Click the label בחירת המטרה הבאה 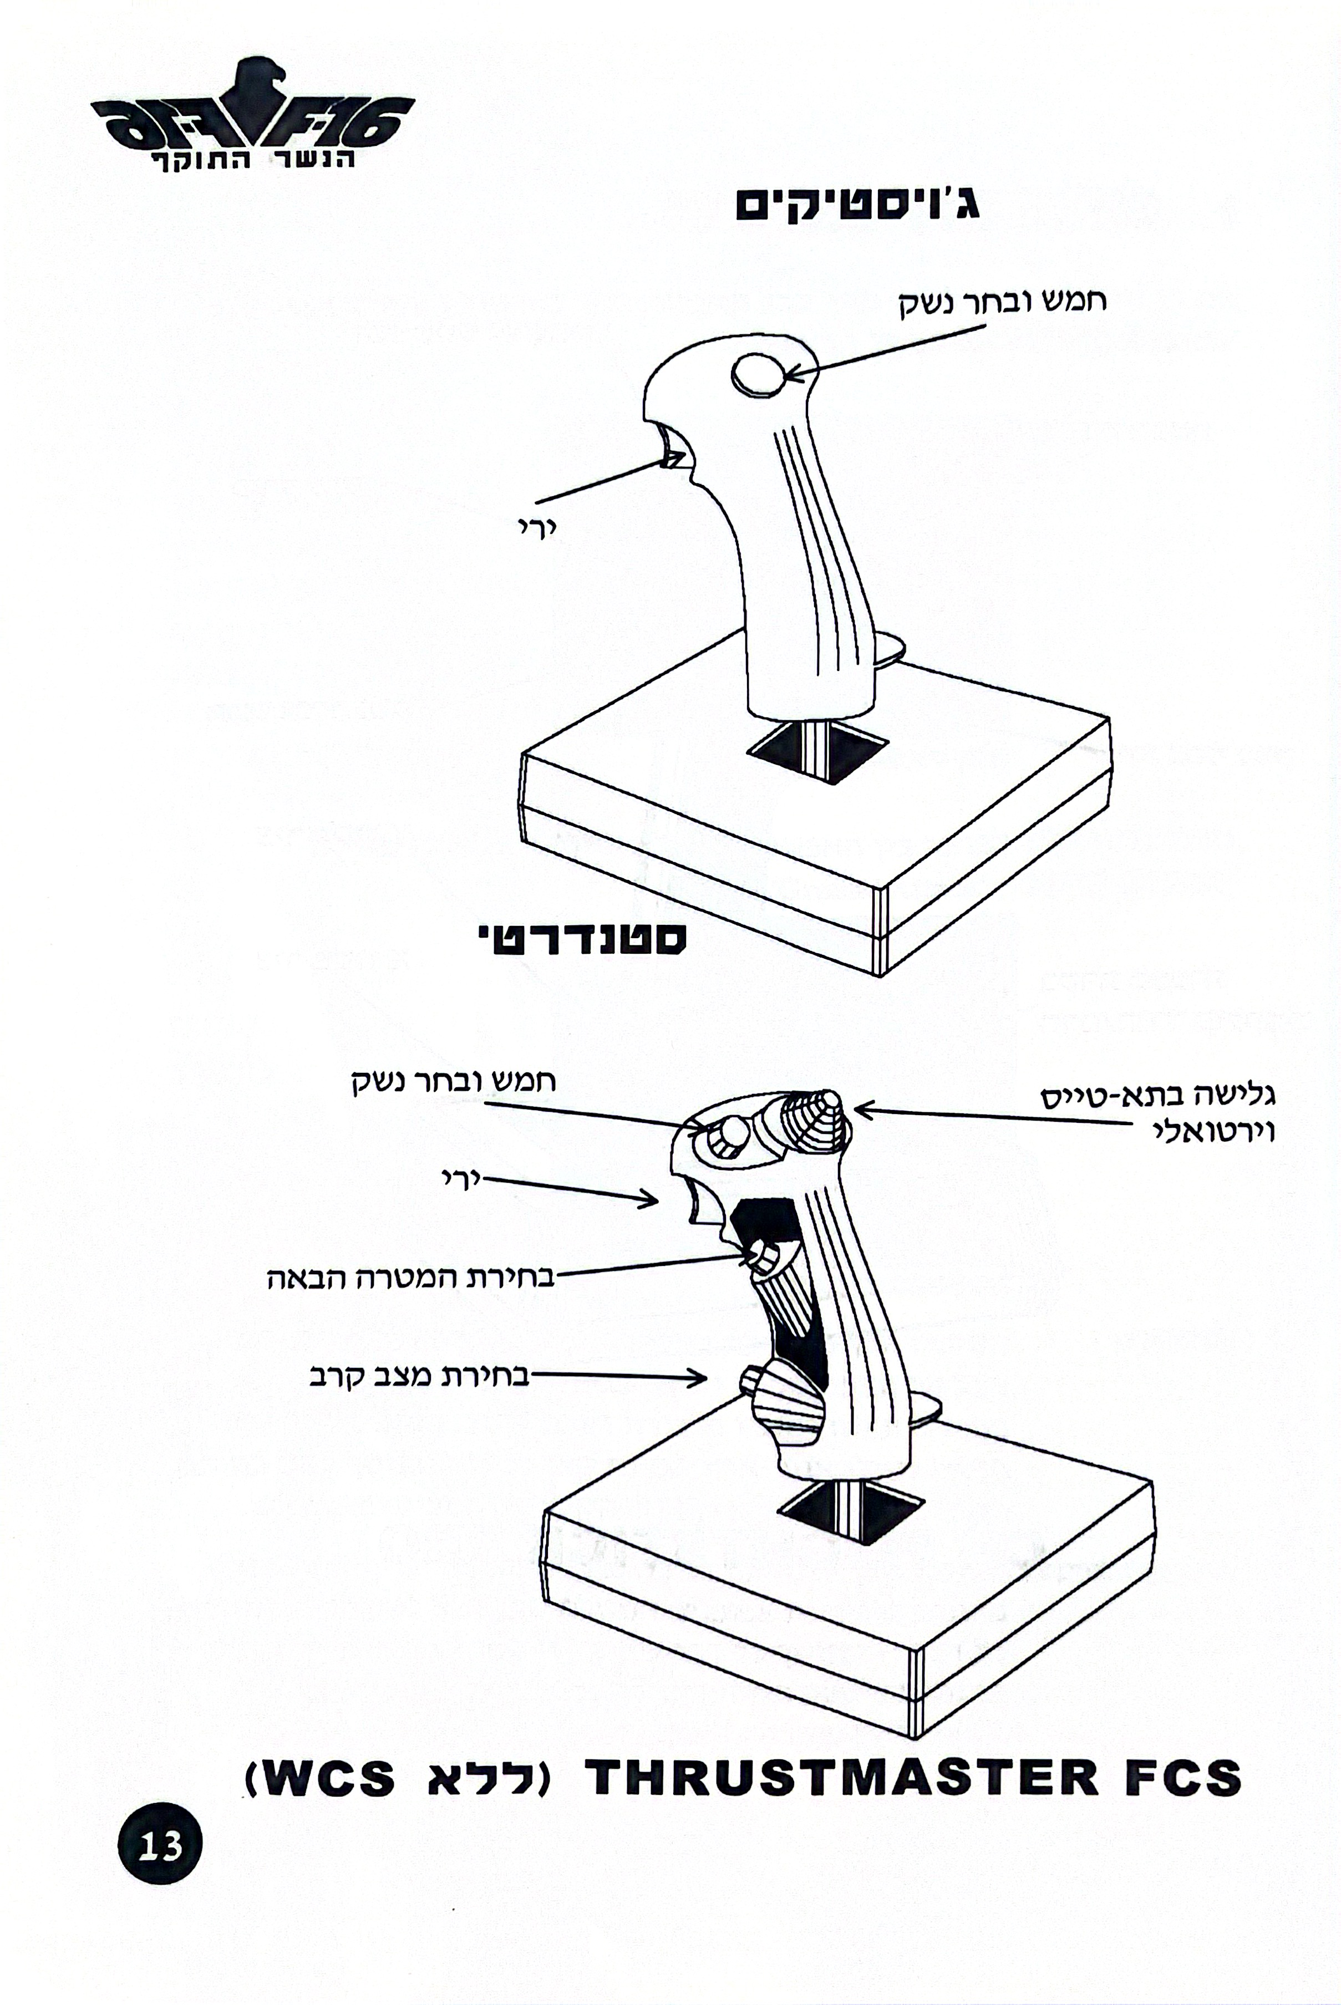410,1279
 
